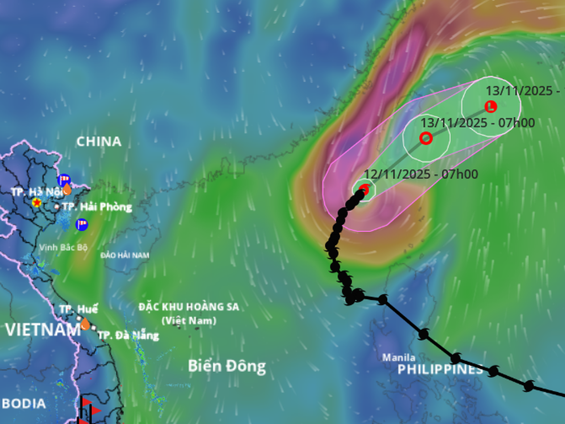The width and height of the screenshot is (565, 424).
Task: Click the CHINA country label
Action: (99, 141)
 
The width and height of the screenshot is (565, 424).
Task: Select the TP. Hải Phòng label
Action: (97, 207)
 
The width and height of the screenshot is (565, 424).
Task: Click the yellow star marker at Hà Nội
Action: (36, 203)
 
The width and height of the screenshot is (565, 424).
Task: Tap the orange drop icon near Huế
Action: (85, 324)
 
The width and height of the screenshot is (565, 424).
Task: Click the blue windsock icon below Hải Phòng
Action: (82, 224)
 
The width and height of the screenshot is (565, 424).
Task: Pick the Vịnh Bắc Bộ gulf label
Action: (64, 247)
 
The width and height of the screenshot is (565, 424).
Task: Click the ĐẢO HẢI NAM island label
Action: (125, 255)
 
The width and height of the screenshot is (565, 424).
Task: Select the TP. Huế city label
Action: (79, 310)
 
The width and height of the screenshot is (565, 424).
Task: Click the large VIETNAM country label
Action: (42, 330)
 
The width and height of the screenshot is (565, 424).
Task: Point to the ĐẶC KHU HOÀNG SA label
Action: (189, 307)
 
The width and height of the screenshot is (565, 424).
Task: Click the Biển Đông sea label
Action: (227, 366)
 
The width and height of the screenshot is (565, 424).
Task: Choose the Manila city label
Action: (398, 358)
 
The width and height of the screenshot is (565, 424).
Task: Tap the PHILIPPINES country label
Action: (440, 370)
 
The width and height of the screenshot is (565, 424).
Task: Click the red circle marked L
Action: (491, 106)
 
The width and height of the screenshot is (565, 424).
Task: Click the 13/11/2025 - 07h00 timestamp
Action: (477, 123)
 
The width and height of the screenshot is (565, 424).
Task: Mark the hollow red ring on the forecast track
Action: (426, 138)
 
